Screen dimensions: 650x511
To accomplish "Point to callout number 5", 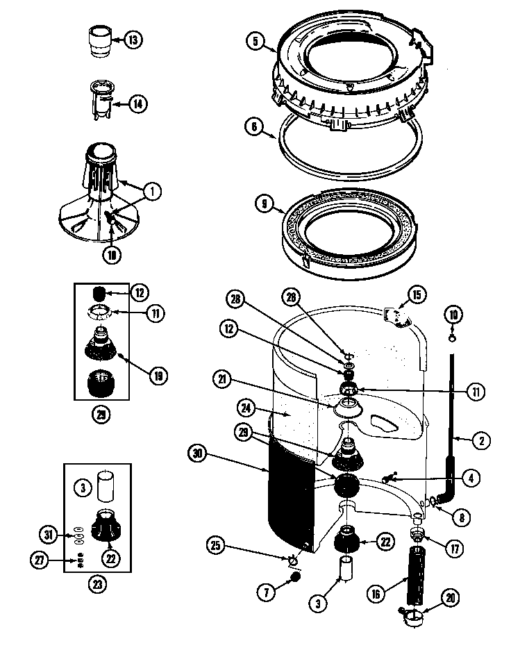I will coord(255,42).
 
